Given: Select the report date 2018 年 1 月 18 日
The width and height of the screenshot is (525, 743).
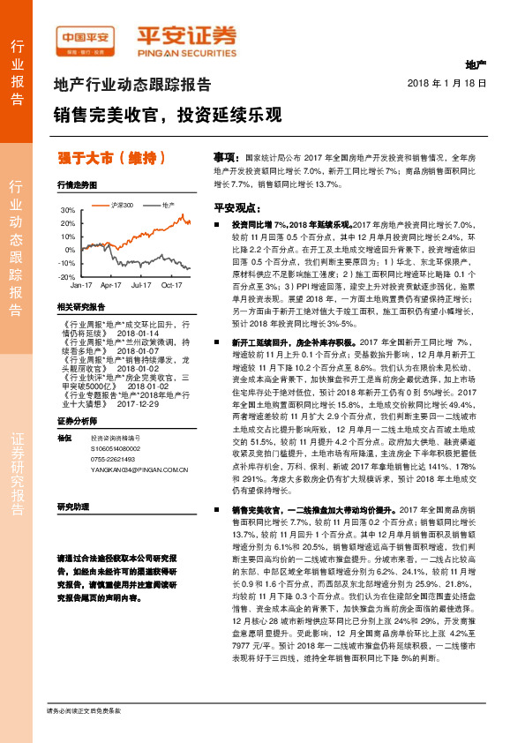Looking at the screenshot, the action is tap(447, 83).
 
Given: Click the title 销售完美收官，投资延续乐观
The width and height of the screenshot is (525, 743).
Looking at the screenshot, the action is tap(168, 116).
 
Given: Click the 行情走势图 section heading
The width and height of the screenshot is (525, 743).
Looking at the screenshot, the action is tap(76, 186).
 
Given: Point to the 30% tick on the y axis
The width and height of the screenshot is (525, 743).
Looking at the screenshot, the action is tap(67, 211).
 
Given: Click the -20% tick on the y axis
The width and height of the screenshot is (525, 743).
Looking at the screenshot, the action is tap(67, 276).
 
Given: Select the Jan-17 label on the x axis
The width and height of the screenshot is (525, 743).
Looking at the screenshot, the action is tap(82, 286).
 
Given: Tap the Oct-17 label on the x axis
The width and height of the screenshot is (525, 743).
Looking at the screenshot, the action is tap(170, 286).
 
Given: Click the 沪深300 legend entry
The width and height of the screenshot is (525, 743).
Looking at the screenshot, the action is tap(123, 205).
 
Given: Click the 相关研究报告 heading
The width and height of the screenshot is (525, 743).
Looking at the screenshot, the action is tap(80, 306).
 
